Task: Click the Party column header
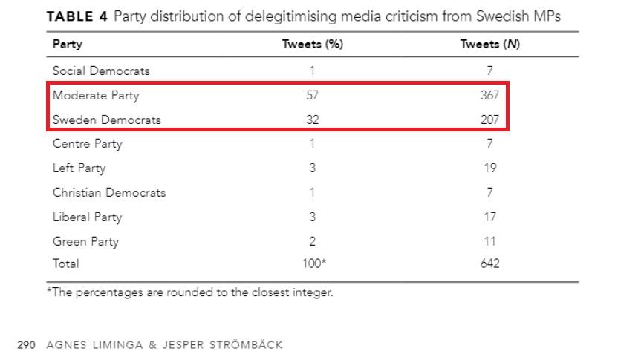pyautogui.click(x=67, y=44)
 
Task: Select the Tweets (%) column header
pyautogui.click(x=312, y=44)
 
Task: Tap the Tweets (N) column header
pyautogui.click(x=489, y=44)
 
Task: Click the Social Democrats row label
pyautogui.click(x=101, y=71)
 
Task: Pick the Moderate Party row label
pyautogui.click(x=96, y=96)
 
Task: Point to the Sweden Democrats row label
pyautogui.click(x=107, y=120)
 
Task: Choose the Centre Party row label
pyautogui.click(x=88, y=144)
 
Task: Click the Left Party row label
pyautogui.click(x=79, y=168)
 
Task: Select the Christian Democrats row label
pyautogui.click(x=109, y=193)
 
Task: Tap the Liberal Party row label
pyautogui.click(x=87, y=217)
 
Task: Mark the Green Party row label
pyautogui.click(x=85, y=242)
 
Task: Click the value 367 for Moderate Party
pyautogui.click(x=489, y=96)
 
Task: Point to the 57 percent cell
pyautogui.click(x=312, y=96)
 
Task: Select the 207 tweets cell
pyautogui.click(x=489, y=120)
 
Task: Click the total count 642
pyautogui.click(x=489, y=264)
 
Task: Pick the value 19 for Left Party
pyautogui.click(x=489, y=168)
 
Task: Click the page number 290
pyautogui.click(x=27, y=345)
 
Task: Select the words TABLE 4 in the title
pyautogui.click(x=77, y=18)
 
